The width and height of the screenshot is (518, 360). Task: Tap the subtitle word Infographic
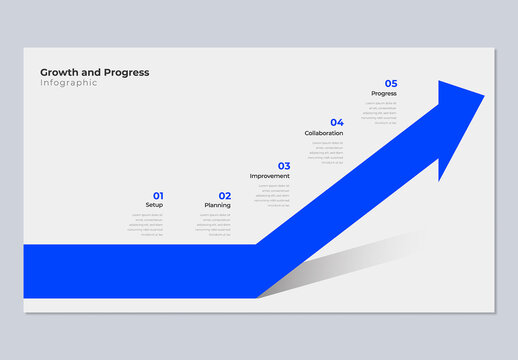69,82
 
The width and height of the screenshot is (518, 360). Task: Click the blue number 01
158,196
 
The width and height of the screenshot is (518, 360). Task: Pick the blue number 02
225,196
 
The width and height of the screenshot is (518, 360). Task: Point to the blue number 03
284,166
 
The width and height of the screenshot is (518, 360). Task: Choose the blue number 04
337,123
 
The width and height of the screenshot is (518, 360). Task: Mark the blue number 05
391,84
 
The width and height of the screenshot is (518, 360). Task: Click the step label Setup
154,205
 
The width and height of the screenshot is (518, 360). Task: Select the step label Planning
218,205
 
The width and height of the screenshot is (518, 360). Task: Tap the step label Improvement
270,176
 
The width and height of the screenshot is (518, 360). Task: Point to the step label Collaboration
324,133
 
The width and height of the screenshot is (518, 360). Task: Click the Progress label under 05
384,94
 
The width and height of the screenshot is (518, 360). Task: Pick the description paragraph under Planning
213,225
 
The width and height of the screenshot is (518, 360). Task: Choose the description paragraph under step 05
380,113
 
